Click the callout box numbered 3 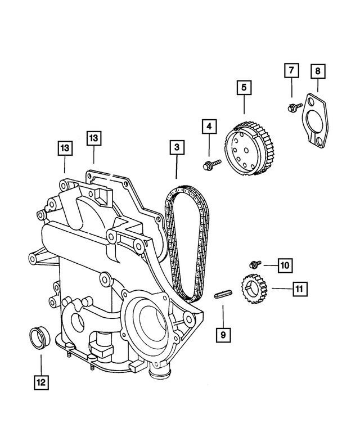pos(177,148)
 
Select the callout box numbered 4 pos(209,128)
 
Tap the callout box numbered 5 pos(244,88)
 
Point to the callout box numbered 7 pos(291,72)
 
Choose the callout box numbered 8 pos(318,72)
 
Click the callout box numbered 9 pos(223,335)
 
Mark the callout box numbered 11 pos(299,289)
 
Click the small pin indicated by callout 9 pos(223,294)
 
